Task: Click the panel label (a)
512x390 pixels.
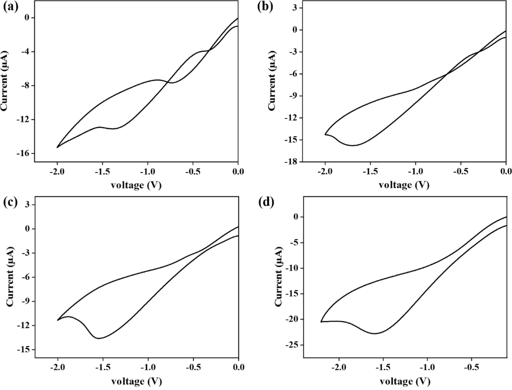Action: [x=10, y=7]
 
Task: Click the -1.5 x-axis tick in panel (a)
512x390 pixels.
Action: [x=102, y=171]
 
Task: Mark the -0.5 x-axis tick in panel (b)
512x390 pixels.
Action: [x=460, y=171]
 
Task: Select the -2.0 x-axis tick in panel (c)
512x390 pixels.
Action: [x=57, y=367]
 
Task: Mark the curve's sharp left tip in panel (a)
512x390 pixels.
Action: [x=57, y=147]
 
